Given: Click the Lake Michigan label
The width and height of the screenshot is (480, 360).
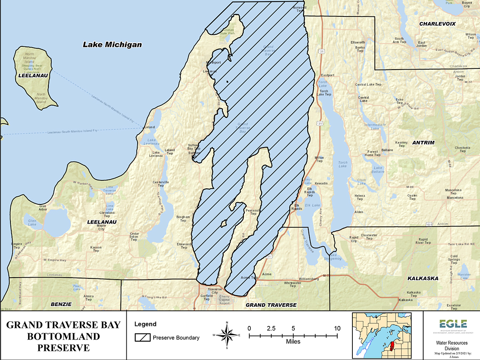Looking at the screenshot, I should pos(112,44).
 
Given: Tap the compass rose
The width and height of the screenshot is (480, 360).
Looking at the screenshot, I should pos(227,335).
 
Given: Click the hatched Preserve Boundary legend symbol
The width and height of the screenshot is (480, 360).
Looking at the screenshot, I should pos(142,338).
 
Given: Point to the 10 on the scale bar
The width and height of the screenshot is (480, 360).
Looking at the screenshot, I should pos(337,328).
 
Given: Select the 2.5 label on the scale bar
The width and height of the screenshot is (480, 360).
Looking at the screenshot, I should pos(271,328).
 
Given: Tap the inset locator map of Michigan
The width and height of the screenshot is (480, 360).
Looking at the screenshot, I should pos(382,335).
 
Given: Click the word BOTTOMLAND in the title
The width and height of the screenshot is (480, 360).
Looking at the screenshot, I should pos(63,336).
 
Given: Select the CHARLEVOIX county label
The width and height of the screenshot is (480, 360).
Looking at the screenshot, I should pos(437,24).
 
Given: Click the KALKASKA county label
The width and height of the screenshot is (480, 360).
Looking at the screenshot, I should pos(423,278).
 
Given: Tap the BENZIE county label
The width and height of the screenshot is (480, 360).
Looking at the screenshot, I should pos(61,304).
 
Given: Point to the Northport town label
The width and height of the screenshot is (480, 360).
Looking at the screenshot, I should pos(213,63).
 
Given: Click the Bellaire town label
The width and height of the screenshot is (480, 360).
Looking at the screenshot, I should pos(387,150).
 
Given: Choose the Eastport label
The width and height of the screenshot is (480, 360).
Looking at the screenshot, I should pos(327,75).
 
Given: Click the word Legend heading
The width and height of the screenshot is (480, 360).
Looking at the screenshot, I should pos(145,324).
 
